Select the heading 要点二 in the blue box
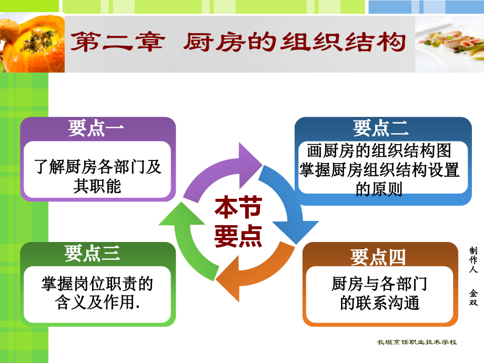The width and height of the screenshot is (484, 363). [381, 128]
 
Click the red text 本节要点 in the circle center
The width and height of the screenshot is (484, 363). [238, 223]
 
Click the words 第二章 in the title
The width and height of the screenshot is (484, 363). [117, 42]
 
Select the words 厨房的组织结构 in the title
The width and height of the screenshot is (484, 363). [295, 42]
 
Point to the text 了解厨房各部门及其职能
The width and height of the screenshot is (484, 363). [98, 176]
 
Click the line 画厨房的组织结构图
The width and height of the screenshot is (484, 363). [379, 151]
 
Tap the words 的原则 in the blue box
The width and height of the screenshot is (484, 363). [379, 188]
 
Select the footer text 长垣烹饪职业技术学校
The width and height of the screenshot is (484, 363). [417, 342]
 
